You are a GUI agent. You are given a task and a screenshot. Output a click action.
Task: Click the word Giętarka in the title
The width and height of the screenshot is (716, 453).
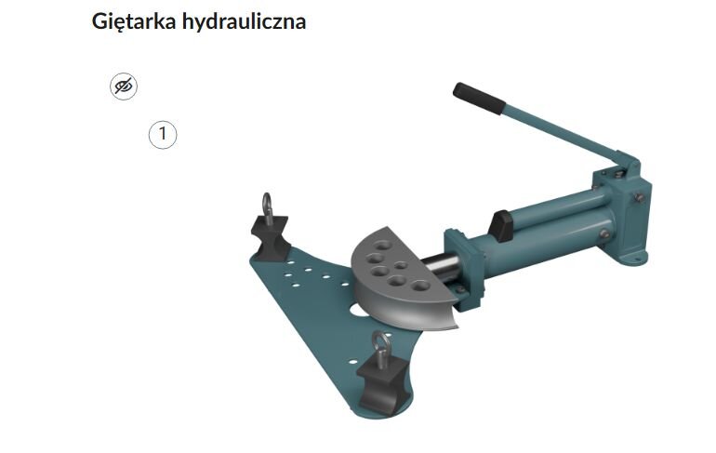pos(127,21)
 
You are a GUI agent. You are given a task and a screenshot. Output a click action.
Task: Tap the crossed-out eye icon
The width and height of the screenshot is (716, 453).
pos(124,87)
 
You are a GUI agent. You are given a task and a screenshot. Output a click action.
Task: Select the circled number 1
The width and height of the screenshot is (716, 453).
pos(163,135)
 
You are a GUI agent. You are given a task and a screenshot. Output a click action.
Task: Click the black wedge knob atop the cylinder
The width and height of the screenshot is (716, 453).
pos(502,224)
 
